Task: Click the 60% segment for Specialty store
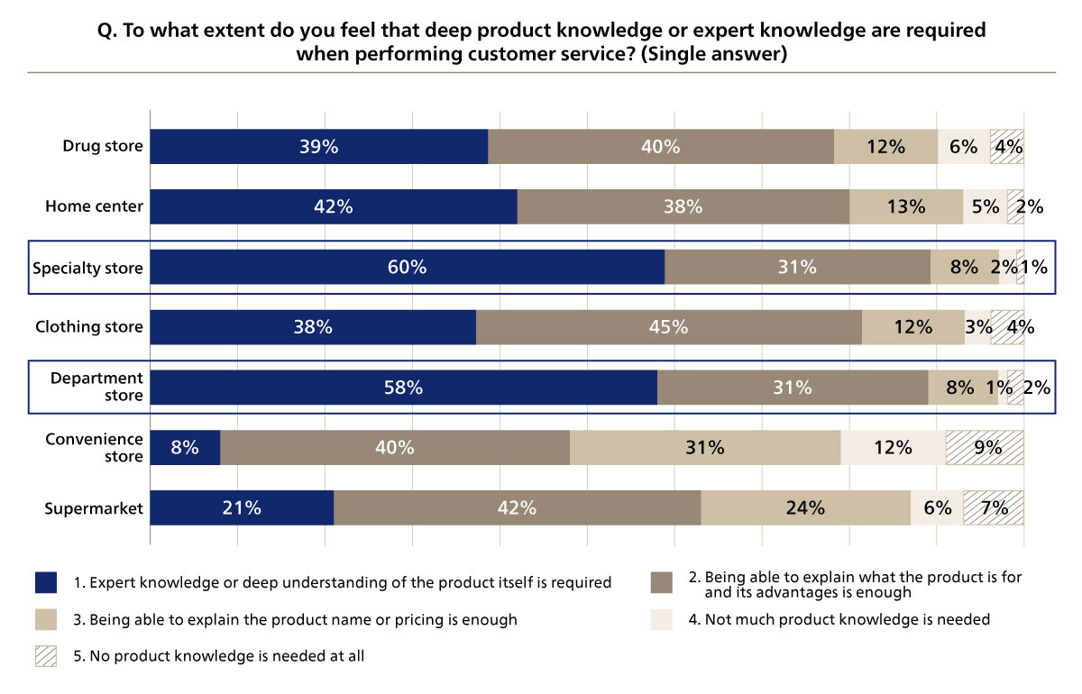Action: click(407, 267)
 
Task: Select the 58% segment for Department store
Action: click(403, 388)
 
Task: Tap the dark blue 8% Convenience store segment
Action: click(185, 447)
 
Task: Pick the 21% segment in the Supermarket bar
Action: click(242, 507)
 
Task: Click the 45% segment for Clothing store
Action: click(668, 327)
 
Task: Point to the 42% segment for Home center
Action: click(334, 206)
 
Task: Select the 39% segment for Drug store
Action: click(318, 147)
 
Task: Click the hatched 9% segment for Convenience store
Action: click(984, 447)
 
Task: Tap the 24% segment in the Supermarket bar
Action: click(805, 507)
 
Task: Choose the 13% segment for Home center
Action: click(905, 206)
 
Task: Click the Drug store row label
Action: click(103, 146)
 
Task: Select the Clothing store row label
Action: click(89, 327)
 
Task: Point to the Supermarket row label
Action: click(94, 508)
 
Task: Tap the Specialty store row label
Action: click(87, 268)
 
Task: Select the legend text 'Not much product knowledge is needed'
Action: click(847, 619)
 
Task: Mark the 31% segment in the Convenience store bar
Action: click(704, 447)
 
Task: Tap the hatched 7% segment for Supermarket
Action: click(993, 507)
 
